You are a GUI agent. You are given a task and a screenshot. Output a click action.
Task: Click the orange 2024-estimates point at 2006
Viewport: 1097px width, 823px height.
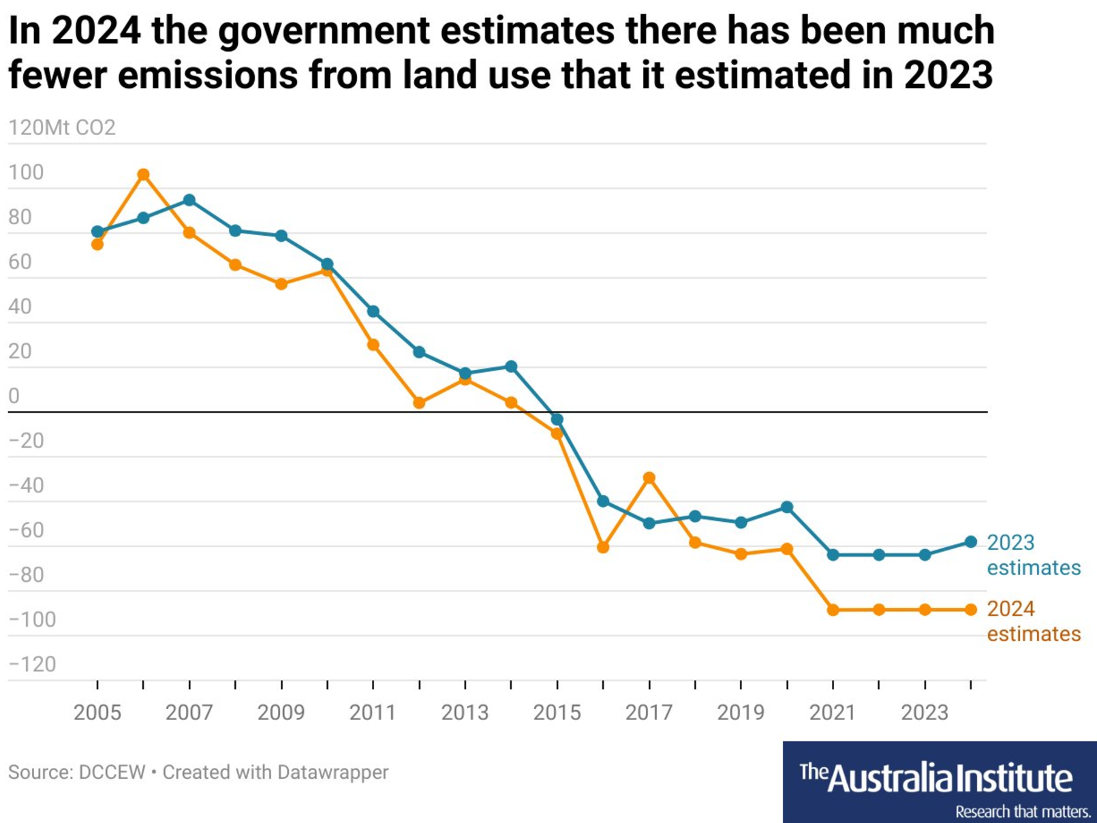pos(143,175)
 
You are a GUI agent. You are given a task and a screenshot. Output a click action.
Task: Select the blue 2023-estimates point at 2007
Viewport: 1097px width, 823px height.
pos(189,200)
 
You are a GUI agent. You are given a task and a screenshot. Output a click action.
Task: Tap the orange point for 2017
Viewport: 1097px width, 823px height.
pos(649,478)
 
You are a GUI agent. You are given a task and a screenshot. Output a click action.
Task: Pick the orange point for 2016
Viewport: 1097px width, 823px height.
pos(603,547)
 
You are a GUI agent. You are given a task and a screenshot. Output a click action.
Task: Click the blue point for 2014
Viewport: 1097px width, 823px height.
pos(511,367)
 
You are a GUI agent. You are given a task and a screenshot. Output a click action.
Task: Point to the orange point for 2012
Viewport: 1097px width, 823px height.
pos(419,403)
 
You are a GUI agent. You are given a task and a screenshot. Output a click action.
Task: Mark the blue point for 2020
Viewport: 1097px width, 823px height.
pos(787,507)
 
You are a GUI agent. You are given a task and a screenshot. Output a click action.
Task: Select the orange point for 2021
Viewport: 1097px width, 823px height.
pos(833,610)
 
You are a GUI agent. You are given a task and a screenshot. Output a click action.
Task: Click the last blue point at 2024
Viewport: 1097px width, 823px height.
pos(971,542)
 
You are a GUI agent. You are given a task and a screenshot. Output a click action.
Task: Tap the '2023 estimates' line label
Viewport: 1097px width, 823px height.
pos(1033,555)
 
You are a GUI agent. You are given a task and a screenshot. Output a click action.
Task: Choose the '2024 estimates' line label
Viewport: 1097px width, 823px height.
pos(1033,621)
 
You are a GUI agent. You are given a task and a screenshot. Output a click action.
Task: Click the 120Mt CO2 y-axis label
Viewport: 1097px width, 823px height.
pos(62,127)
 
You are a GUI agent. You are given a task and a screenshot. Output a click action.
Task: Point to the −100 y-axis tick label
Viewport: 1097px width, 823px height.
pos(32,619)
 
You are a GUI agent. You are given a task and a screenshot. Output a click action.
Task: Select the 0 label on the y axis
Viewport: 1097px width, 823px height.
pos(14,396)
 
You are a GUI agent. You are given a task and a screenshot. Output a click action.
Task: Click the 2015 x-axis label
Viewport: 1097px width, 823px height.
pos(557,713)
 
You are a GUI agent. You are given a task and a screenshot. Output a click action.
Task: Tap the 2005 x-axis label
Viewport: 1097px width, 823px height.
pos(97,713)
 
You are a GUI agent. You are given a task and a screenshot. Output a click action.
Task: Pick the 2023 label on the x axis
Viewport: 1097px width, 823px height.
pos(925,713)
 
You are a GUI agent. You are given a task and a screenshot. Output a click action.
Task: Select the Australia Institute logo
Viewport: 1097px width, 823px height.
pos(939,781)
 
